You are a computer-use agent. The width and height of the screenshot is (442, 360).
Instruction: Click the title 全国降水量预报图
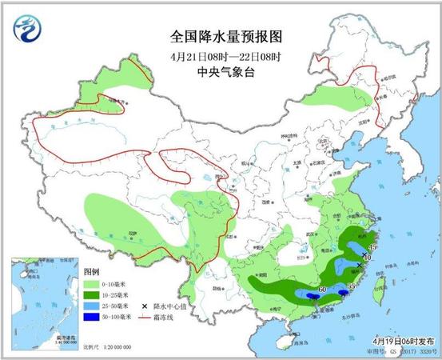tap(221, 37)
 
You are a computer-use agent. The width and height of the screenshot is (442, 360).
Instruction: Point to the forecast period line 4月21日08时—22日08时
tap(221, 54)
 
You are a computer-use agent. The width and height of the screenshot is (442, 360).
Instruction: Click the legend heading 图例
tap(90, 271)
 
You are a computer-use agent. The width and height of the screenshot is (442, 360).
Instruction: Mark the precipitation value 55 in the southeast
tap(352, 286)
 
